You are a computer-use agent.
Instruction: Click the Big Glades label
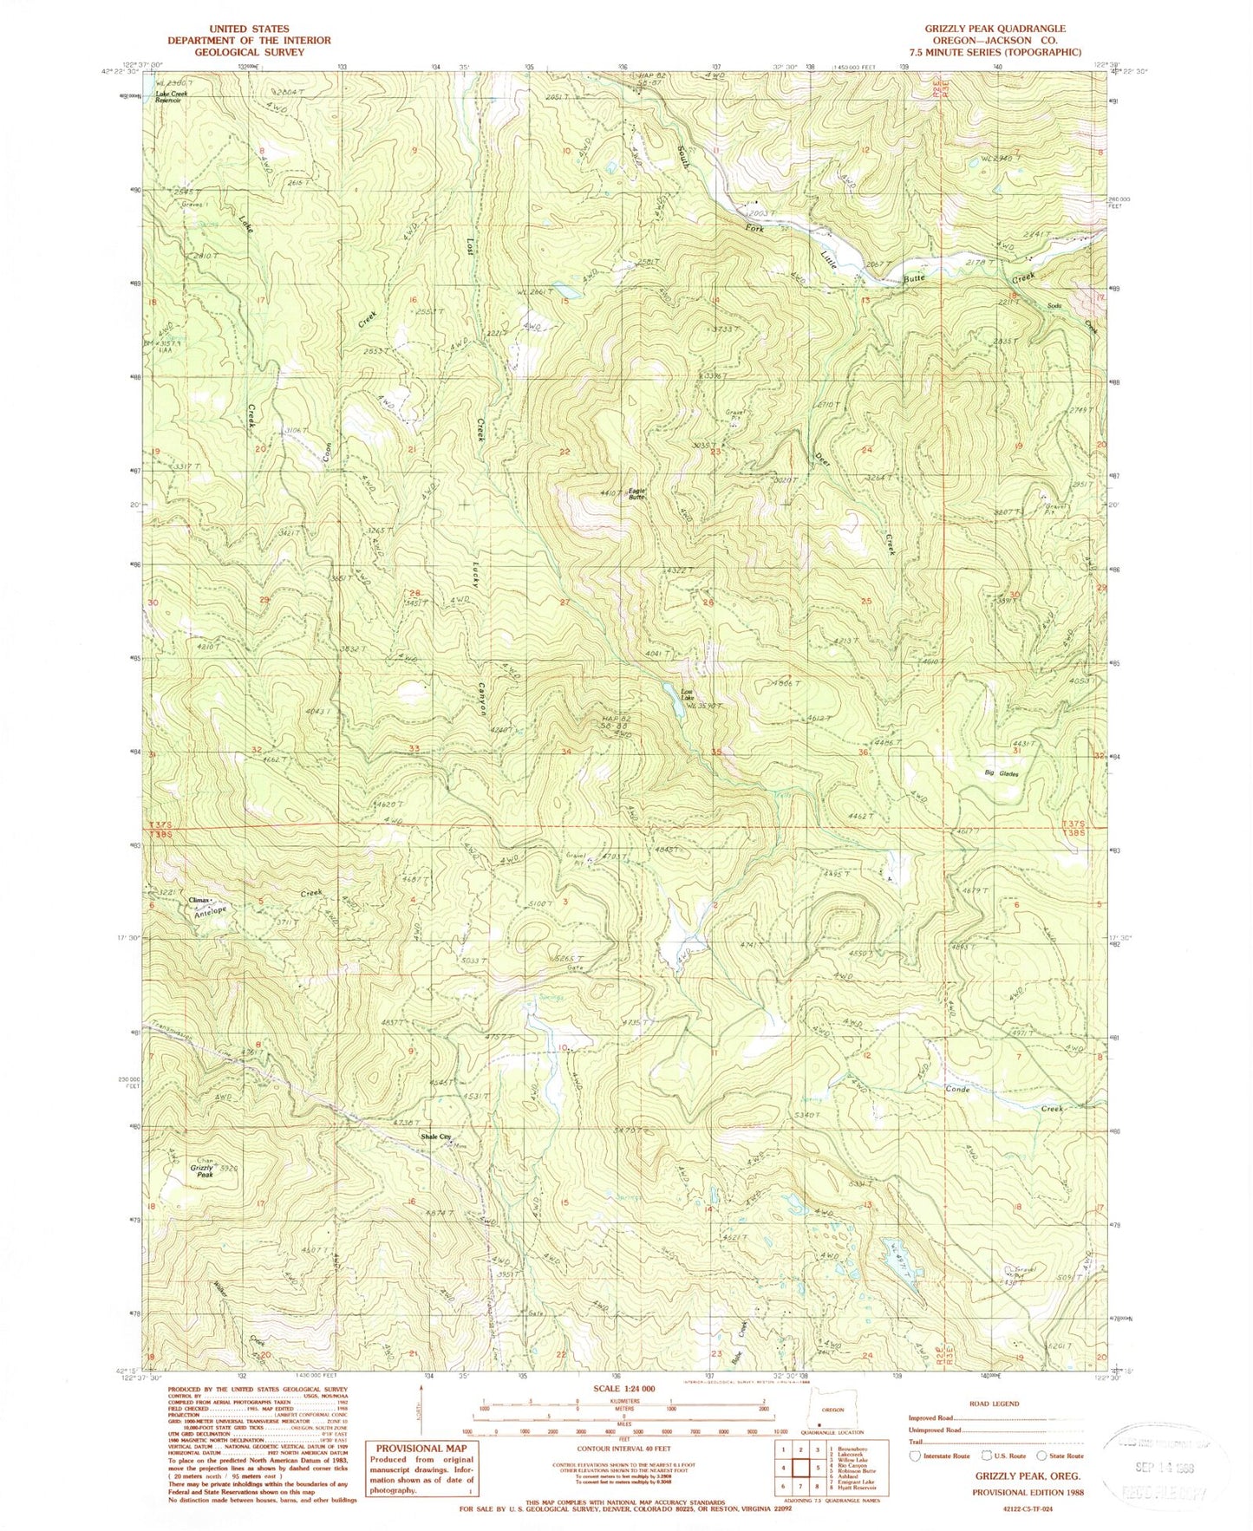[x=1000, y=773]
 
